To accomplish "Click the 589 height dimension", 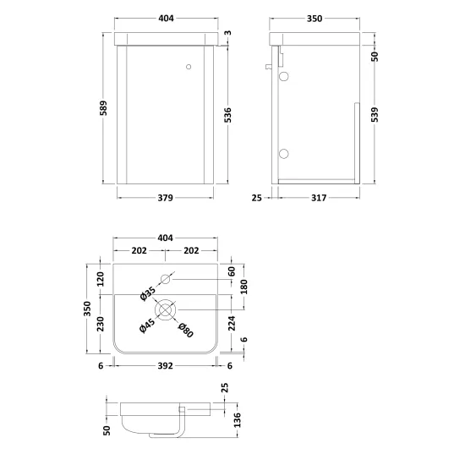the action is click(103, 108).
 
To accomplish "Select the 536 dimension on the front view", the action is click(227, 115).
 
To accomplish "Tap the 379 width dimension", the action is click(165, 198).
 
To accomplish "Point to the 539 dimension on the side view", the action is click(375, 114).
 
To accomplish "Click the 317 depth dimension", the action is click(319, 198).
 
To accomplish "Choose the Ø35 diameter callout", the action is click(147, 293).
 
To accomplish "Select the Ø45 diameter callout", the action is click(147, 325).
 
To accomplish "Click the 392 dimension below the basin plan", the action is click(165, 365).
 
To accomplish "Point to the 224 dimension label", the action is click(232, 323).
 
